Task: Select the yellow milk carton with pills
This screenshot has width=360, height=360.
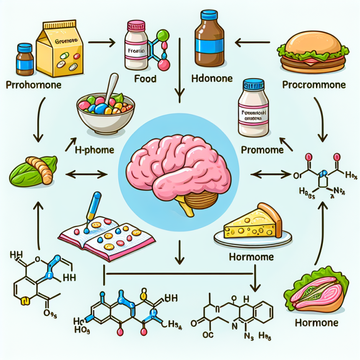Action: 59,50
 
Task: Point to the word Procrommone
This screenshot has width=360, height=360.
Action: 314,85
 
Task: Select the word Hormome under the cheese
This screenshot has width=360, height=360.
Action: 251,256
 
